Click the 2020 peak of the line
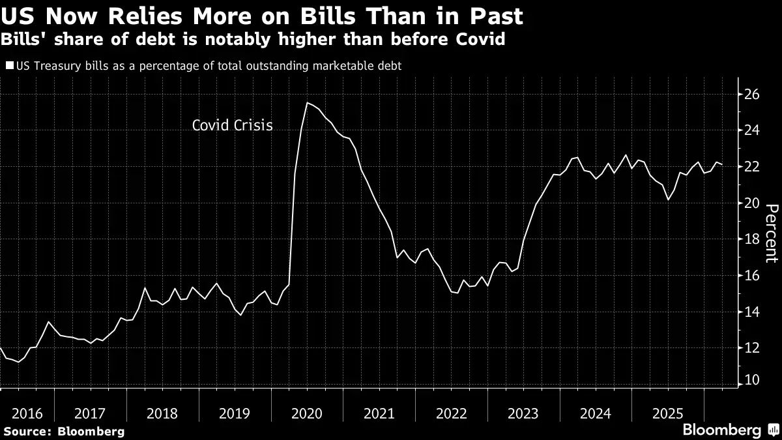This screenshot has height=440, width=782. pyautogui.click(x=307, y=103)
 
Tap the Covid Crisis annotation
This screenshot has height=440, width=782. pyautogui.click(x=232, y=125)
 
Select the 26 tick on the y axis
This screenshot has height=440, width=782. pyautogui.click(x=752, y=95)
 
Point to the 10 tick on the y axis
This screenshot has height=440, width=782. pyautogui.click(x=752, y=379)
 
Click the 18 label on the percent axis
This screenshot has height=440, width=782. pyautogui.click(x=752, y=239)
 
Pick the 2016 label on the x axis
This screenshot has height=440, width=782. pyautogui.click(x=27, y=414)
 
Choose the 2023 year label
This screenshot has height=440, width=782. pyautogui.click(x=523, y=414)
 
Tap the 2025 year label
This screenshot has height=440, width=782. pyautogui.click(x=667, y=414)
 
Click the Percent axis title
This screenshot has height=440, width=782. pyautogui.click(x=772, y=233)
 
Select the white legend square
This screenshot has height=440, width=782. pyautogui.click(x=9, y=65)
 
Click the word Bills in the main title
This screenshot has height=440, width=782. pyautogui.click(x=328, y=16)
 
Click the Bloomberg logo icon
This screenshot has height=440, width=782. pyautogui.click(x=774, y=429)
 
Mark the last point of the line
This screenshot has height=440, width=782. pyautogui.click(x=722, y=164)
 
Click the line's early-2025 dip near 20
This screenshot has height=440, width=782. pyautogui.click(x=668, y=199)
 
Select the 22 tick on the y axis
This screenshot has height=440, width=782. pyautogui.click(x=752, y=166)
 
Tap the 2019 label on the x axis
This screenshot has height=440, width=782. pyautogui.click(x=234, y=414)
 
